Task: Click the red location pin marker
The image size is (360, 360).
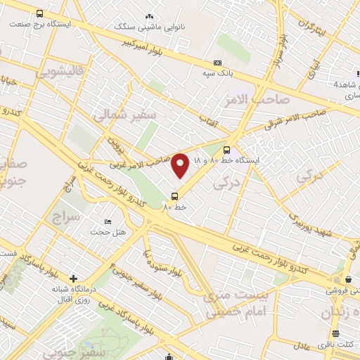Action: coord(181,165)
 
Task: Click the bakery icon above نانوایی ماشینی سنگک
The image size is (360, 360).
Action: coord(148,15)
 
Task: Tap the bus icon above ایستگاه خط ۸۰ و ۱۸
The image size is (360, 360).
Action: coord(226,149)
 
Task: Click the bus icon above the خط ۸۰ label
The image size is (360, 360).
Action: coord(174,195)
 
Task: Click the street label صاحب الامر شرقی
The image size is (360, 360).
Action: coord(294,120)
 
